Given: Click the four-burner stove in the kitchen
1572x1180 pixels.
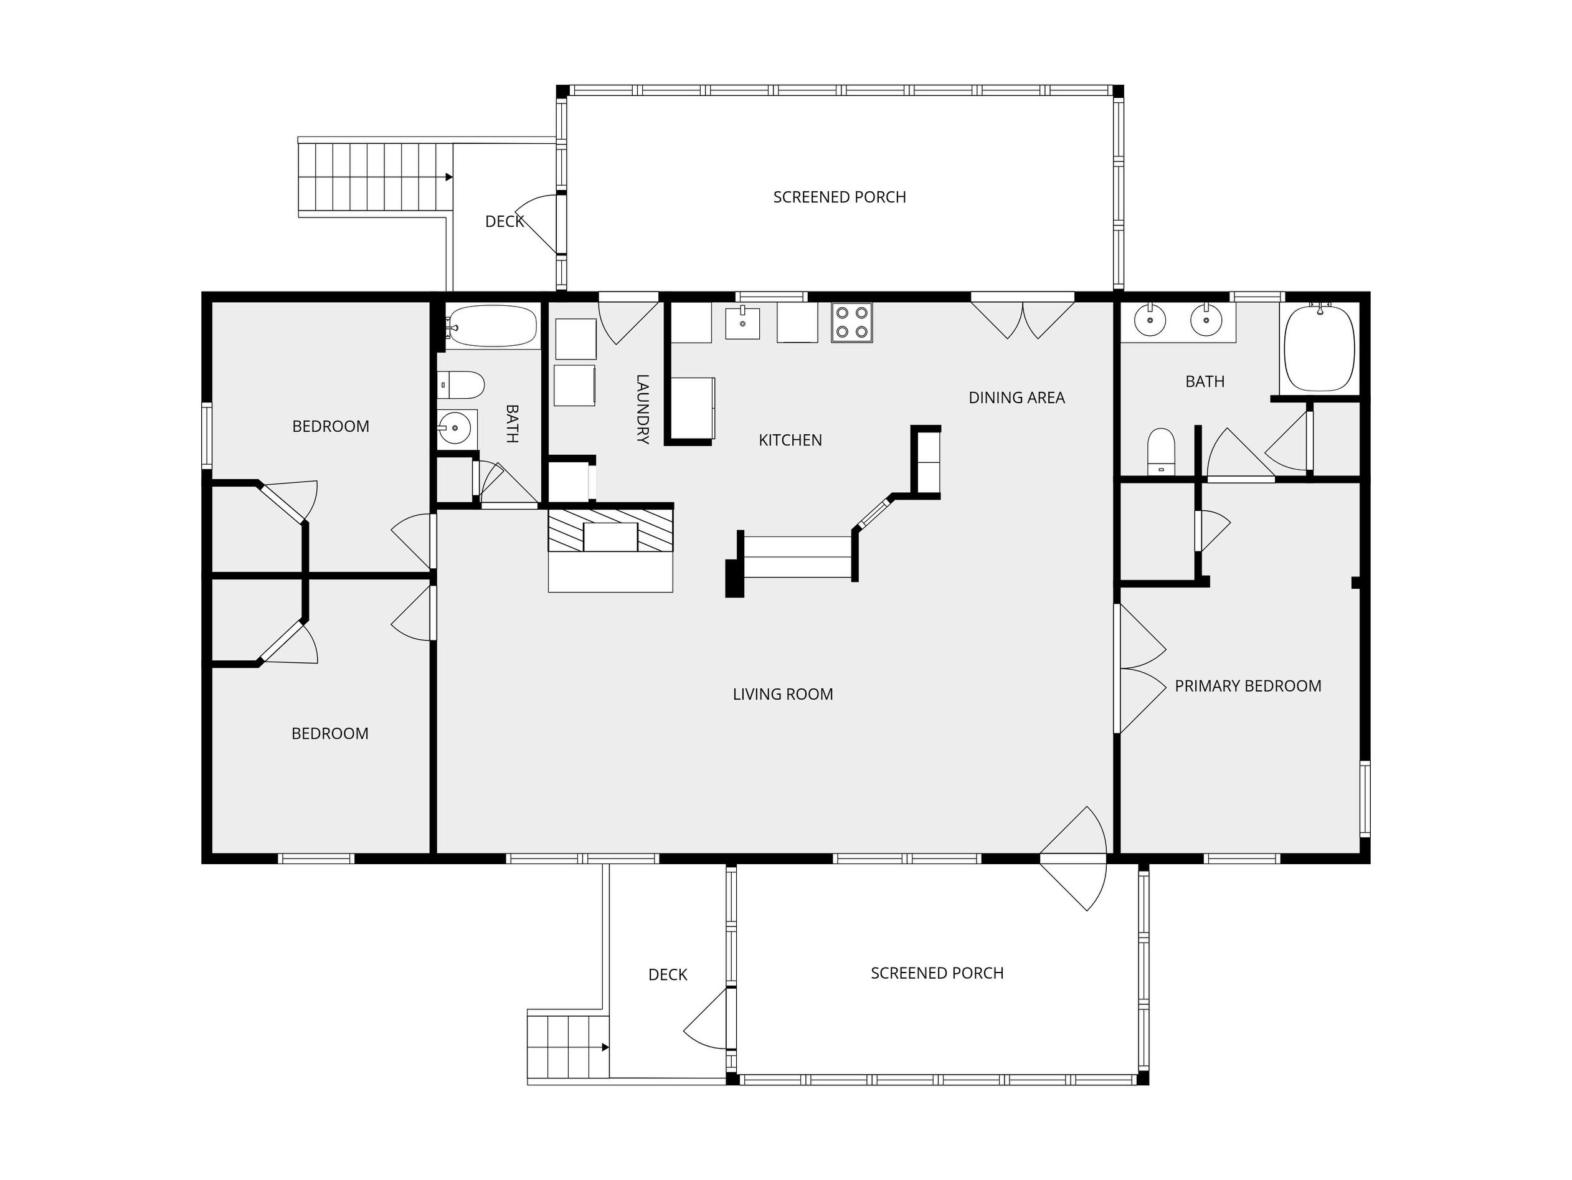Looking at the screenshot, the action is pyautogui.click(x=851, y=323).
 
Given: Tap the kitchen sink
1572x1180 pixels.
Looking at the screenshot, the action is pyautogui.click(x=742, y=323).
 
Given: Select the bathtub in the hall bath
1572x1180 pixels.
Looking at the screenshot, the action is pyautogui.click(x=491, y=326).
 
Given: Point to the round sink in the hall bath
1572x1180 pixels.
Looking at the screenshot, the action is pyautogui.click(x=455, y=428).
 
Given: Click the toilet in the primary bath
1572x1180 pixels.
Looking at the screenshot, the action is pyautogui.click(x=1161, y=450).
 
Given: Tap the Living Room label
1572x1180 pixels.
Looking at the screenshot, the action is pyautogui.click(x=782, y=695).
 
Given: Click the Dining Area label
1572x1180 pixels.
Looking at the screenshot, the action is pyautogui.click(x=1016, y=398).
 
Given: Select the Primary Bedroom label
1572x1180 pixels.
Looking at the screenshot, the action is pyautogui.click(x=1248, y=686).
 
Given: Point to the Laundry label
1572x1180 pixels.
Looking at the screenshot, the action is pyautogui.click(x=643, y=409).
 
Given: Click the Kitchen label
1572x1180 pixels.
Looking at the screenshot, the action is pyautogui.click(x=790, y=440).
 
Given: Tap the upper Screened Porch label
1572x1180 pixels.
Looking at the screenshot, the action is pyautogui.click(x=840, y=197).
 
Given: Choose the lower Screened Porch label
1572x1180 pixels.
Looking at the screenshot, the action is pyautogui.click(x=937, y=973).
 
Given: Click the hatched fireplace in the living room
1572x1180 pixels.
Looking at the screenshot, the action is pyautogui.click(x=610, y=530).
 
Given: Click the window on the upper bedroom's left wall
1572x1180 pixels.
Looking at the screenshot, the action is pyautogui.click(x=207, y=435).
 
